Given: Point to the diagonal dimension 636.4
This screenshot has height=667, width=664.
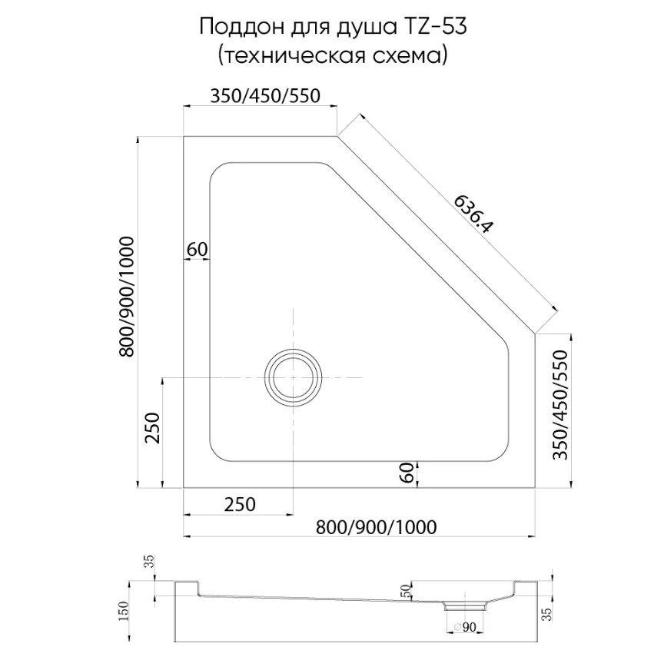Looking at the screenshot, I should [474, 214].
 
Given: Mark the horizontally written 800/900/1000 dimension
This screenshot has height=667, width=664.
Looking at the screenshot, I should [377, 526].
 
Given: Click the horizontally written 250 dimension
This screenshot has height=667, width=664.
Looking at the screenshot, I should [239, 505].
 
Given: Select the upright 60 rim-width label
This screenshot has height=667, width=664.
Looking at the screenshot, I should [198, 250].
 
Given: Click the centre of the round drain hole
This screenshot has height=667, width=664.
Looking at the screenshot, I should [292, 378].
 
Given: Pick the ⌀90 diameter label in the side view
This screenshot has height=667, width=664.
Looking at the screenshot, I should [465, 629].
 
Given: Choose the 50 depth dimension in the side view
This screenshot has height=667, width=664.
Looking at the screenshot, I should [407, 592].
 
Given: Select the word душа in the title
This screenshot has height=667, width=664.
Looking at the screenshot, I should [357, 27].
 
